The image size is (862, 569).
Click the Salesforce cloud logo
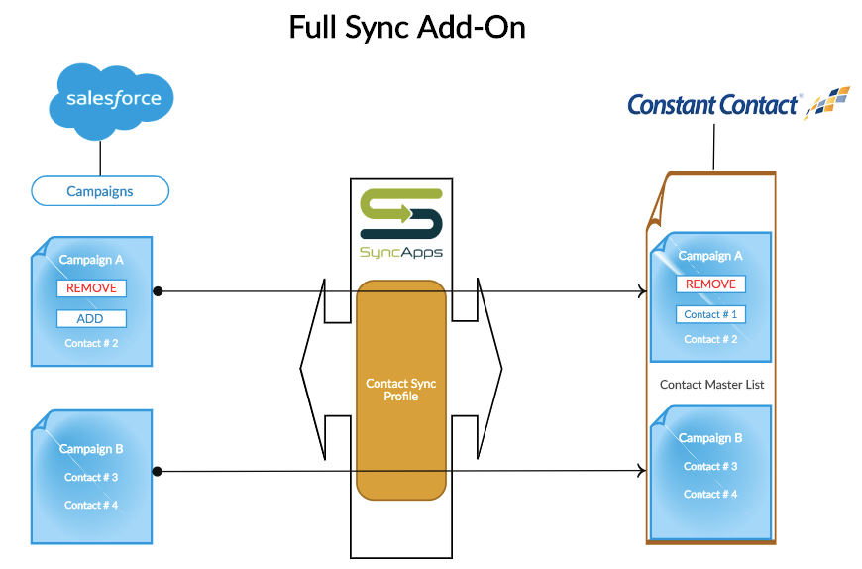coord(111,100)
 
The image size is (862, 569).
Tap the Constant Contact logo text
coord(712,104)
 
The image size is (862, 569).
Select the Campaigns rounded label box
coord(100,191)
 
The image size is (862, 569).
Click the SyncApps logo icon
coord(401,214)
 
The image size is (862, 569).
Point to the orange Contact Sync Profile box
coord(401,390)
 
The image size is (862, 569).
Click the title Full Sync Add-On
coord(407,28)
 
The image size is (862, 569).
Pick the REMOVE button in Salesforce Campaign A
coord(92,288)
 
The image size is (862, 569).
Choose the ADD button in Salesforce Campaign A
coord(92,319)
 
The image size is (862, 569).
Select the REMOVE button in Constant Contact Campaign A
coord(710,284)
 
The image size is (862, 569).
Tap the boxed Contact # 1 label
coord(710,314)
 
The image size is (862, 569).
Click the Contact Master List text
coord(712,385)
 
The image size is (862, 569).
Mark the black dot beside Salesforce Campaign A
coord(158,291)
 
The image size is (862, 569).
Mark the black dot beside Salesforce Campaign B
coord(158,471)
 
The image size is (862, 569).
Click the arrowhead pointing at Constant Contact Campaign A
coord(642,291)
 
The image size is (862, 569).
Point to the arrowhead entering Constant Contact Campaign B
coord(642,470)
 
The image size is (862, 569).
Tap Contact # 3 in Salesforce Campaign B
coord(91,477)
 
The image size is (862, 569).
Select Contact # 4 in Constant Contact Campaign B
coord(710,495)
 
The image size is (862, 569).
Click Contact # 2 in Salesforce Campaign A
coord(91,344)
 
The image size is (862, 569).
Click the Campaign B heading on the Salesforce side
coord(91,449)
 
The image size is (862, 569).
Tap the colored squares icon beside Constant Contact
coord(826,102)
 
